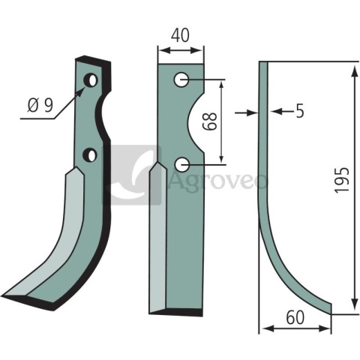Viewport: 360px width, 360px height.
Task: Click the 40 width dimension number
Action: click(180, 35)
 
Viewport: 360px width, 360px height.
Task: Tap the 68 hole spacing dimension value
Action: click(209, 121)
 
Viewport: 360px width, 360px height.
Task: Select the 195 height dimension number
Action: click(342, 180)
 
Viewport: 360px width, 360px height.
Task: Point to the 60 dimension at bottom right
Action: click(295, 318)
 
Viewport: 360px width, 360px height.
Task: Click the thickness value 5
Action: click(300, 111)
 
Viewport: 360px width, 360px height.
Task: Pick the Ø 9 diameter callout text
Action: click(40, 105)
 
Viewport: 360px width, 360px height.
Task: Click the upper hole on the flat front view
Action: click(181, 79)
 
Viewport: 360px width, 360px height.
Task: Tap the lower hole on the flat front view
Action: click(181, 164)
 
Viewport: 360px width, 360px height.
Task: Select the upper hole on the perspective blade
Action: click(90, 80)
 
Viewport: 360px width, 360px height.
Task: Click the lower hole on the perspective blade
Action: click(90, 155)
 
